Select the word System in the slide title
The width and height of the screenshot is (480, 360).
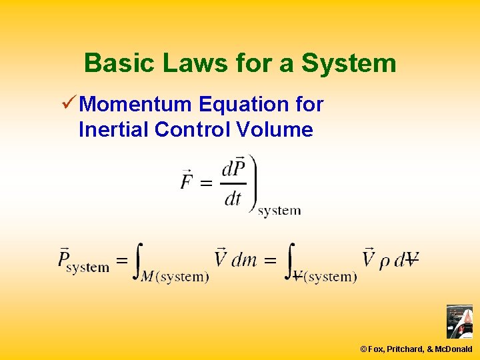point(348,63)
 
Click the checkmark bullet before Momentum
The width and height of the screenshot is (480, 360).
point(67,104)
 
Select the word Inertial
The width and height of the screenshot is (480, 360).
point(113,129)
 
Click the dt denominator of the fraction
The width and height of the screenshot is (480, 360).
point(233,198)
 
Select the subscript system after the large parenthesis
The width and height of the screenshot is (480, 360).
point(279,211)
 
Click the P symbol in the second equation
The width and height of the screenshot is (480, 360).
point(65,257)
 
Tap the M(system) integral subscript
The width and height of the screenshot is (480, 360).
point(175,277)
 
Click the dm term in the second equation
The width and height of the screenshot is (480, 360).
point(244,259)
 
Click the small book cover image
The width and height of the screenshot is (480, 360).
point(459,321)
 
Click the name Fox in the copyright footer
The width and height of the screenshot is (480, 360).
point(375,349)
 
